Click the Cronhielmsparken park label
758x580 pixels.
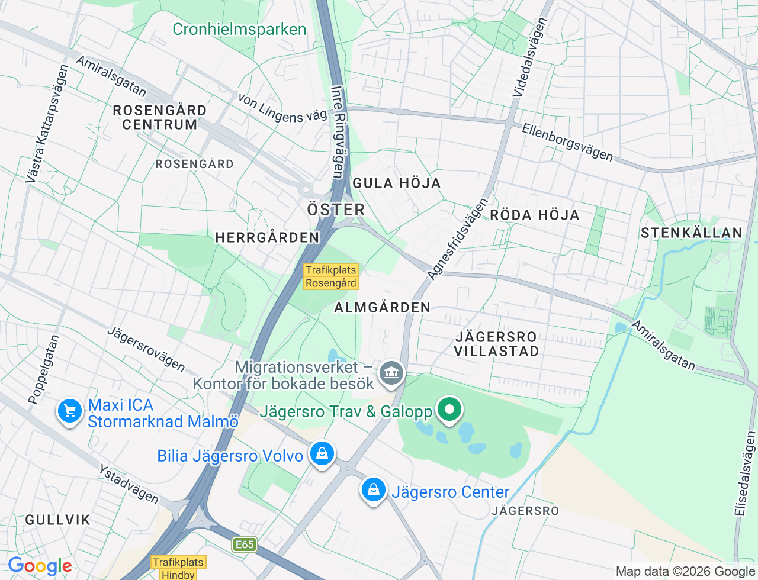point(239,30)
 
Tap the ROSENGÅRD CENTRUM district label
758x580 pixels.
point(159,117)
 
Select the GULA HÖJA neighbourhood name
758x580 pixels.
point(397,183)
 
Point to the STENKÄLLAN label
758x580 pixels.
point(691,233)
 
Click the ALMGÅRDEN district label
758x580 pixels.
point(382,307)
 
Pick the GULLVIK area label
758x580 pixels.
point(57,520)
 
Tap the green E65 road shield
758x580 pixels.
point(244,544)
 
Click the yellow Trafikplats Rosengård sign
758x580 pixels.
point(331,276)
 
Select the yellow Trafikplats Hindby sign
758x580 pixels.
point(178,568)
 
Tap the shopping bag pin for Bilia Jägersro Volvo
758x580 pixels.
point(322,454)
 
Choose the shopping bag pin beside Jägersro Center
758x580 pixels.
point(374,490)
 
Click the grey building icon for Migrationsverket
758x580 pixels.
point(391,373)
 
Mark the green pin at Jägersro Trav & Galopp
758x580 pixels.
point(449,409)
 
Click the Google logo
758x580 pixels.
point(40,566)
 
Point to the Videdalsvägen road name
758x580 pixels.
point(530,57)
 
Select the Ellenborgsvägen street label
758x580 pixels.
point(567,143)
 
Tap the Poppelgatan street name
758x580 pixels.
point(44,370)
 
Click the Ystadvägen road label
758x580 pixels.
point(129,485)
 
